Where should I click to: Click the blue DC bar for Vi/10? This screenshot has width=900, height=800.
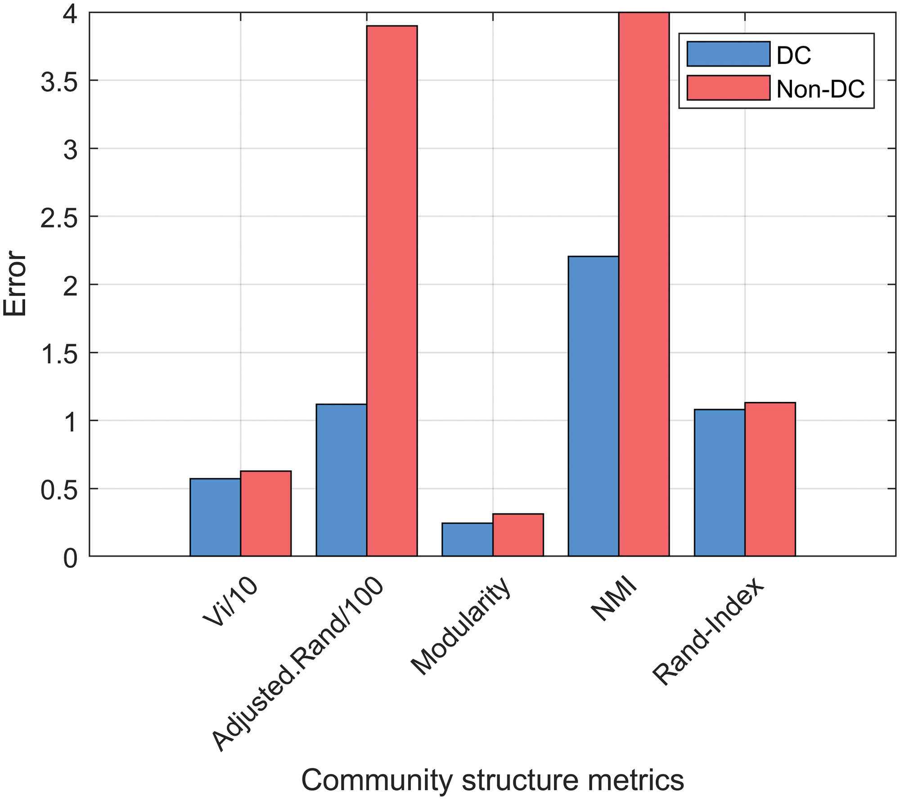coord(215,517)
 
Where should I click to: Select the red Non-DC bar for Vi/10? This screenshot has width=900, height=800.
coord(265,513)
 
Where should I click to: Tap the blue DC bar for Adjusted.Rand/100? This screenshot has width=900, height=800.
coord(341,480)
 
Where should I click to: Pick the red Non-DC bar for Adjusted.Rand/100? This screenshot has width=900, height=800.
coord(391,291)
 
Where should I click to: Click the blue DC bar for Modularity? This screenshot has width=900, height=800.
coord(467,539)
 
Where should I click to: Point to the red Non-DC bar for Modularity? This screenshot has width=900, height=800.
coord(517,535)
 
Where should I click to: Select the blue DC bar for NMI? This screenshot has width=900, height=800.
coord(593,406)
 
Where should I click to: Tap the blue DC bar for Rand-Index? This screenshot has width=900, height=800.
coord(719,483)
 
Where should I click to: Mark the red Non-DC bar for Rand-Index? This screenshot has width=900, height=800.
coord(769,479)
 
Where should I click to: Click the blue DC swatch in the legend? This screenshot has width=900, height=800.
coord(728,54)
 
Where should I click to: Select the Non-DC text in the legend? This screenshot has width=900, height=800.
coord(820,89)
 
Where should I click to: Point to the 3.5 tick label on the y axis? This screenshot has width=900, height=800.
coord(58,81)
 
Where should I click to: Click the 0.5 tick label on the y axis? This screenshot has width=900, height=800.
coord(58,489)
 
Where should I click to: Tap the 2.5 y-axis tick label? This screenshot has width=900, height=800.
coord(58,217)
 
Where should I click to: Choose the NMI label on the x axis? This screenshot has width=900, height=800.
coord(613,601)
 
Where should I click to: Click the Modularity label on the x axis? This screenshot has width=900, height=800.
coord(461,626)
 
